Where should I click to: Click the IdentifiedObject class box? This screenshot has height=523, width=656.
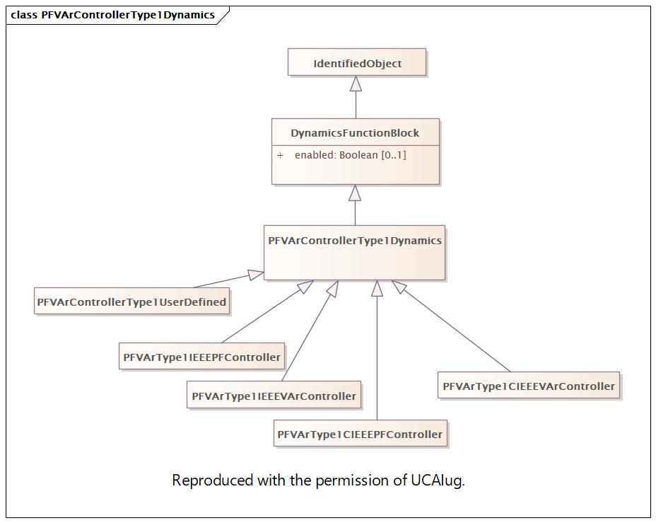(x=357, y=62)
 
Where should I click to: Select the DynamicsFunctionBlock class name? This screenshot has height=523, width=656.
(x=355, y=133)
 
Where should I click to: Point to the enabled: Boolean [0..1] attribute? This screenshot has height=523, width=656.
(x=350, y=155)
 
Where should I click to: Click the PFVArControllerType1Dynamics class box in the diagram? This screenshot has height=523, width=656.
(x=354, y=253)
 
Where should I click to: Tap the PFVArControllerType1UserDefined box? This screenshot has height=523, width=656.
(x=131, y=301)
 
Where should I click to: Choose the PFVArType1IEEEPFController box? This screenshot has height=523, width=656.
(x=202, y=357)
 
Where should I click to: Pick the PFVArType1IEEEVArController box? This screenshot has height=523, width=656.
(x=274, y=395)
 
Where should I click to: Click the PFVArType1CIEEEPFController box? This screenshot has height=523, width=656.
(x=361, y=433)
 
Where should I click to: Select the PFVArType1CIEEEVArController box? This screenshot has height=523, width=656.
(x=529, y=385)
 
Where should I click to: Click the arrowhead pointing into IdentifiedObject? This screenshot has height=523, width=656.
(x=356, y=84)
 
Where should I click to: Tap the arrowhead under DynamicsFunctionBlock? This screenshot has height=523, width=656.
(x=355, y=192)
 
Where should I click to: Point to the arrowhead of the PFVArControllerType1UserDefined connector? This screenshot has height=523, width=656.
(x=256, y=275)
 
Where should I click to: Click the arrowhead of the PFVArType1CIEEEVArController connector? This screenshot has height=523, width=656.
(x=399, y=287)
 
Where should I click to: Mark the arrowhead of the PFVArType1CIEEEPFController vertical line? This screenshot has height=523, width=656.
(x=377, y=288)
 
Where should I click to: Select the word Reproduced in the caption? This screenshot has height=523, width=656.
(x=213, y=480)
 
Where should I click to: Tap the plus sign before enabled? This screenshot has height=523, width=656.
(x=280, y=156)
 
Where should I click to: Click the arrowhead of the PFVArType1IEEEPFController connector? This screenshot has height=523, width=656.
(x=305, y=287)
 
